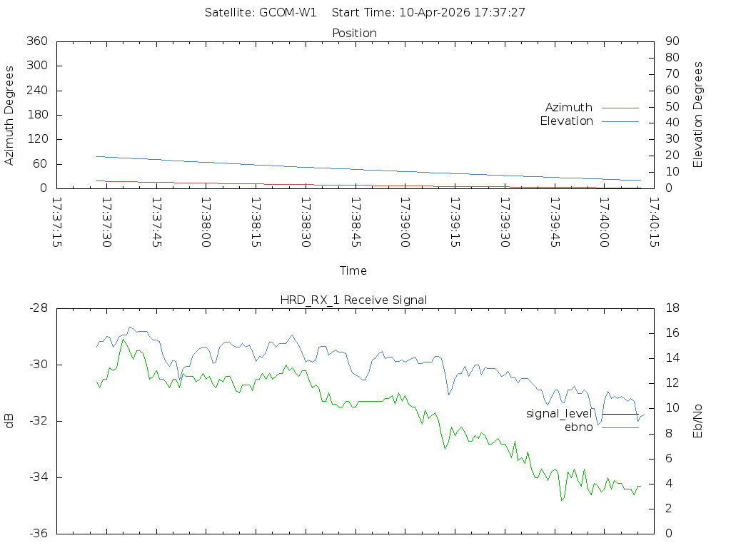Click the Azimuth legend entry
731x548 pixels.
pyautogui.click(x=569, y=108)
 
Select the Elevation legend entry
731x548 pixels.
pyautogui.click(x=567, y=121)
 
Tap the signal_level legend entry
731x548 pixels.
pyautogui.click(x=560, y=414)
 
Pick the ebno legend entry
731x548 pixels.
pyautogui.click(x=578, y=427)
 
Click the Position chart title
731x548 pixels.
pyautogui.click(x=354, y=33)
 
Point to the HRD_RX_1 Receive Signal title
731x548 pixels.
pyautogui.click(x=353, y=300)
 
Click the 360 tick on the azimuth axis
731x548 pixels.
pyautogui.click(x=36, y=41)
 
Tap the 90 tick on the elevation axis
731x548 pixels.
pyautogui.click(x=671, y=41)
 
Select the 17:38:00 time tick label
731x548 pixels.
pyautogui.click(x=207, y=222)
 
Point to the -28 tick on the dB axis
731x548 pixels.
pyautogui.click(x=38, y=308)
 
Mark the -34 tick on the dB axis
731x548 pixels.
pyautogui.click(x=38, y=477)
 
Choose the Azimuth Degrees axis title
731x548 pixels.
pyautogui.click(x=10, y=115)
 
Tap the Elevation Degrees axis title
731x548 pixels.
pyautogui.click(x=698, y=114)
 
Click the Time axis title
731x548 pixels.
pyautogui.click(x=353, y=271)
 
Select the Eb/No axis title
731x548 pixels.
pyautogui.click(x=698, y=420)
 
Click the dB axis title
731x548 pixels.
pyautogui.click(x=10, y=420)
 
